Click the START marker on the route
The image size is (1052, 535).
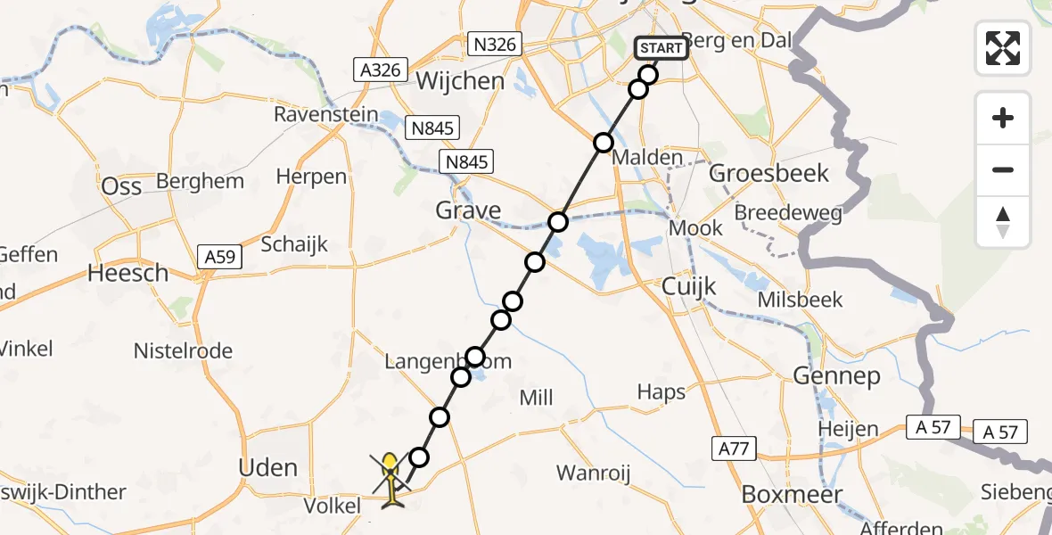click(662, 48)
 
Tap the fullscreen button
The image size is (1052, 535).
click(1003, 48)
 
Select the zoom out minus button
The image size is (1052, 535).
click(1003, 169)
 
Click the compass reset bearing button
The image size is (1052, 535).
click(1003, 222)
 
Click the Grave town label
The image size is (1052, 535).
click(468, 211)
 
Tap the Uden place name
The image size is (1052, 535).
click(268, 468)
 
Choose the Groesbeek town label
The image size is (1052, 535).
click(768, 173)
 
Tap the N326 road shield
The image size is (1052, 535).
click(497, 43)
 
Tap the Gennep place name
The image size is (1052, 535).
click(836, 376)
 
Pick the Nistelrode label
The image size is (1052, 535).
click(183, 351)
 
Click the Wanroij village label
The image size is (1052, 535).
click(593, 473)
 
